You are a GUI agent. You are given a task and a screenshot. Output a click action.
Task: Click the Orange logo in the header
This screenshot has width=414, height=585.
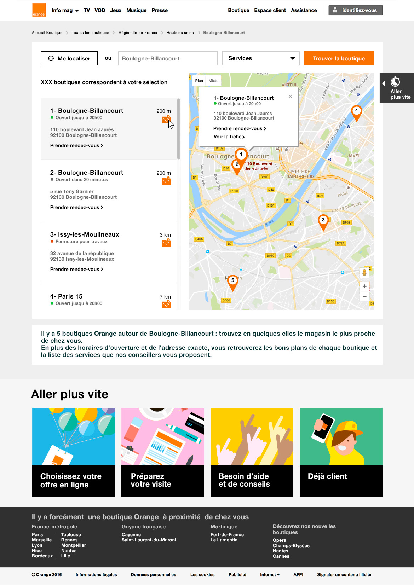(x=39, y=10)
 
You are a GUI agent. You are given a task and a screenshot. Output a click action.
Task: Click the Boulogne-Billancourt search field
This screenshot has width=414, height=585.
(x=168, y=58)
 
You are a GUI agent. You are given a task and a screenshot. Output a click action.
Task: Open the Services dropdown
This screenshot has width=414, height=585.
(x=261, y=58)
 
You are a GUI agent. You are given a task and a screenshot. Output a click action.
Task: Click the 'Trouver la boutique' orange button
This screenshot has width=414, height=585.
(x=339, y=58)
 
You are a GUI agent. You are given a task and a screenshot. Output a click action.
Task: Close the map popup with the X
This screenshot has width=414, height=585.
(x=290, y=97)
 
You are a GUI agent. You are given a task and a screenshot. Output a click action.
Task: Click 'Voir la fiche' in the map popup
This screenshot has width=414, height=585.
(x=229, y=137)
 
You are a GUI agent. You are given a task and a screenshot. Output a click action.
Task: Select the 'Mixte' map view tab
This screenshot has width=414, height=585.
(x=213, y=81)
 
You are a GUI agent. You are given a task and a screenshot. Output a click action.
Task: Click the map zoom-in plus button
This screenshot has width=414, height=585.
(x=364, y=286)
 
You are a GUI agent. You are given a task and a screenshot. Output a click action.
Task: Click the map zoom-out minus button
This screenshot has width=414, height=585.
(x=364, y=296)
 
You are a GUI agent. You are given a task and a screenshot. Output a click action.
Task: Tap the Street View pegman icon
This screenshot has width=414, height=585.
(x=364, y=272)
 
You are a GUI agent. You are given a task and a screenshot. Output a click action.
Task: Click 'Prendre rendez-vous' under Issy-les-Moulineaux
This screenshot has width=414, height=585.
(x=76, y=269)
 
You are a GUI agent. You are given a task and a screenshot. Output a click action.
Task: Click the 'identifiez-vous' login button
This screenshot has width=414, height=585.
(x=355, y=10)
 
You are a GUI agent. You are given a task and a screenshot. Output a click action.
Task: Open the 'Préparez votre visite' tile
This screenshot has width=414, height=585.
(x=163, y=452)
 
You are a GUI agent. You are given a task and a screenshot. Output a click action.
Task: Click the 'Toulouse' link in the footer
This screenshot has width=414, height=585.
(x=71, y=535)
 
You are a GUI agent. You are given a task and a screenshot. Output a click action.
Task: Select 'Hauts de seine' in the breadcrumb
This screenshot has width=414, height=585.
(x=180, y=33)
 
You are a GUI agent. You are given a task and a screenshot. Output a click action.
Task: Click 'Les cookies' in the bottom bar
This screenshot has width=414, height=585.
(x=202, y=575)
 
